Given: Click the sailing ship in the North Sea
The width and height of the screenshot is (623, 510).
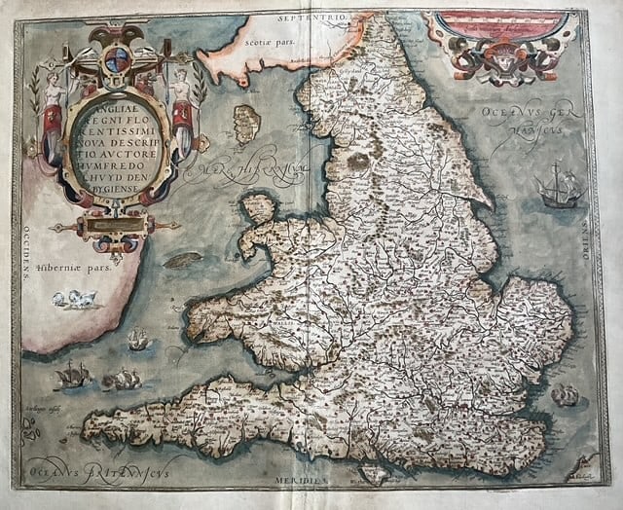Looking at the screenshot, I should pos(558,187).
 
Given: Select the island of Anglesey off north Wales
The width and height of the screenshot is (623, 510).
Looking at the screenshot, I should pos(258,209).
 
